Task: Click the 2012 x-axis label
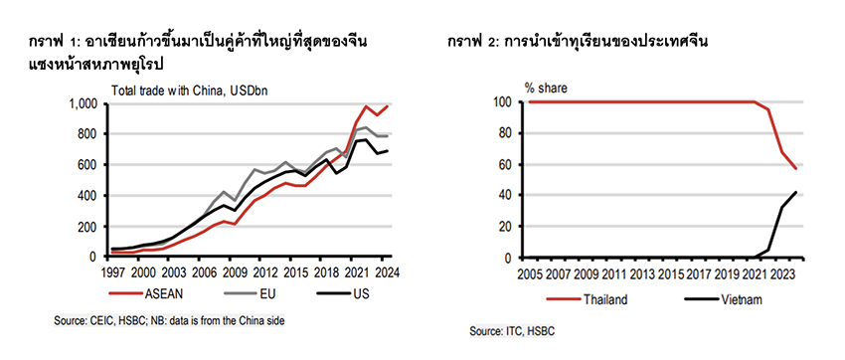point(265,270)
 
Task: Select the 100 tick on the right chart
point(505,102)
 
